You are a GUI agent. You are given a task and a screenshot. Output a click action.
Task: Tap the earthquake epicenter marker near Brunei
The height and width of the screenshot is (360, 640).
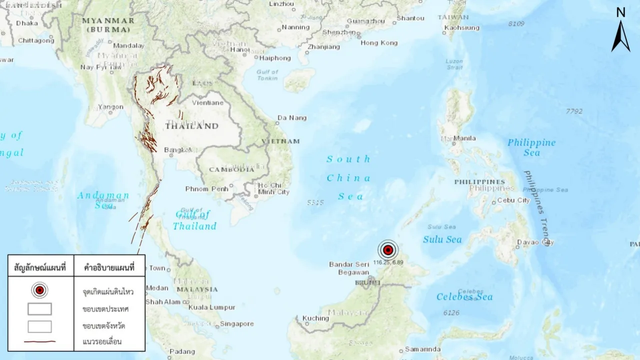coord(387,250)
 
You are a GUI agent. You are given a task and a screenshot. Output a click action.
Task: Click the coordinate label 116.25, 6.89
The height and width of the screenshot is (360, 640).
coord(388,262)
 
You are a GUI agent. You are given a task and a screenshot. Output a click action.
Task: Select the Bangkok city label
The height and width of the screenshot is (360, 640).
coord(178,150)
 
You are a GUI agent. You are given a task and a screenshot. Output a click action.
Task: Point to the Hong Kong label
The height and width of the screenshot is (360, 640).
coord(379,43)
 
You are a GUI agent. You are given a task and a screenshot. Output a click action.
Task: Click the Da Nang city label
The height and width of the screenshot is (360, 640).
coord(292,118)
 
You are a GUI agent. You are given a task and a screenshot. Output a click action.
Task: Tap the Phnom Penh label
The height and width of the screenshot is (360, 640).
coord(206,189)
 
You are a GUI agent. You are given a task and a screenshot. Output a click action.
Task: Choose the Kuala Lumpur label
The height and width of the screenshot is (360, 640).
coord(211,307)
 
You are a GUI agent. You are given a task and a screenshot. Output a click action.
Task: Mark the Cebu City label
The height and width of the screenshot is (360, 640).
coord(513,200)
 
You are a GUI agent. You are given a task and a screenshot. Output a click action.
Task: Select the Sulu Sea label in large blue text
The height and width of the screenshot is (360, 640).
coord(442,239)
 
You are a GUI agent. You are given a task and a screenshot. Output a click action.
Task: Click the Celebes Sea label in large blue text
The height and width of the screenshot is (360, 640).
coord(464,297)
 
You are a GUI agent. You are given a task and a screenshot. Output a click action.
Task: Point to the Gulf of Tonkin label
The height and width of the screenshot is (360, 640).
coord(267,75)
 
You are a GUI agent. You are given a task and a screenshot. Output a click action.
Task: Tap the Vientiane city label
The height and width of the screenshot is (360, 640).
coord(207,103)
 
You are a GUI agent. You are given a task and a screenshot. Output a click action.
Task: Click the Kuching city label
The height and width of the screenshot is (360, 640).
coord(315,318)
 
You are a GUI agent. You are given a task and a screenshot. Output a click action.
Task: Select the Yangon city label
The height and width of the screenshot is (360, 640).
coord(110,107)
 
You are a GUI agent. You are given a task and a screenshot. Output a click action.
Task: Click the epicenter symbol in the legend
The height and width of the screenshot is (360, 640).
coord(39,290)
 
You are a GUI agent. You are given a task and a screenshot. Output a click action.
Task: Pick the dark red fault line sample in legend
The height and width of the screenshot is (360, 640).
coord(39,342)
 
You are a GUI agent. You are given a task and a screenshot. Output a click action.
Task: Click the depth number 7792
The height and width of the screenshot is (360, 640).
coord(574,111)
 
